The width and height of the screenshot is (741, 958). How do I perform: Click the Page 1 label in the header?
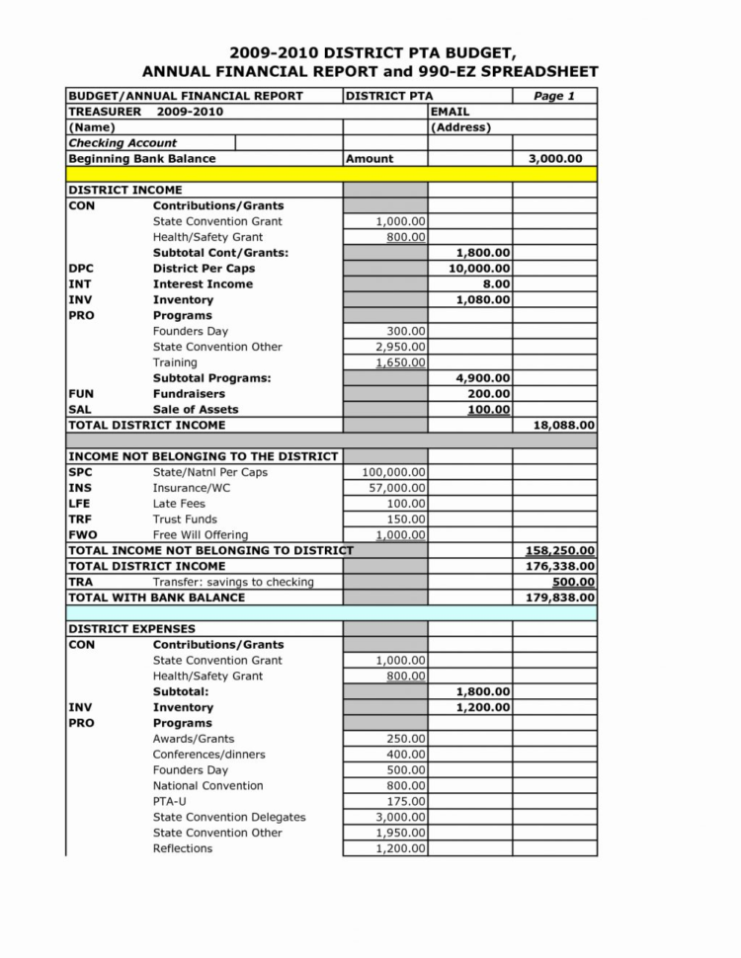point(553,96)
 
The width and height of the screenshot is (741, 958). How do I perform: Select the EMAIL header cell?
point(451,112)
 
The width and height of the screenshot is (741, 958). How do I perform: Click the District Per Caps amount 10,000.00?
point(479,269)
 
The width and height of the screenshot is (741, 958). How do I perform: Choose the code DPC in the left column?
point(81,269)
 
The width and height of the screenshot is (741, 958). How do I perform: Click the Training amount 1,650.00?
point(401,362)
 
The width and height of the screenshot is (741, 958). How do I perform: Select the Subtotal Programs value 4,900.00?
point(483,378)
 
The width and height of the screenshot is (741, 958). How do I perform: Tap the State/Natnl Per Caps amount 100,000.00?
point(394,472)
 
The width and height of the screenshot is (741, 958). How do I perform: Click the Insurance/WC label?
point(193,488)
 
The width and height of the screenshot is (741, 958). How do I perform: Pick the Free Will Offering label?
point(201,535)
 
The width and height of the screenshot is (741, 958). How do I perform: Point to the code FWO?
point(82,535)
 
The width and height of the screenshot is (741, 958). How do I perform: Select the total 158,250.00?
point(559,550)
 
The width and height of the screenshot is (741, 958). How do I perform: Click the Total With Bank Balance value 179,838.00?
point(559,598)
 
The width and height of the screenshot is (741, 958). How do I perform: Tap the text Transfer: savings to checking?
point(233,582)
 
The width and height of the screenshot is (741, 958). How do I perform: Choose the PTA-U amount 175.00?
point(405,802)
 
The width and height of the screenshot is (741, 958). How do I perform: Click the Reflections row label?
point(183,848)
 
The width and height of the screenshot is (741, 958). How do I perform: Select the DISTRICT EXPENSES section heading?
point(131,629)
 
